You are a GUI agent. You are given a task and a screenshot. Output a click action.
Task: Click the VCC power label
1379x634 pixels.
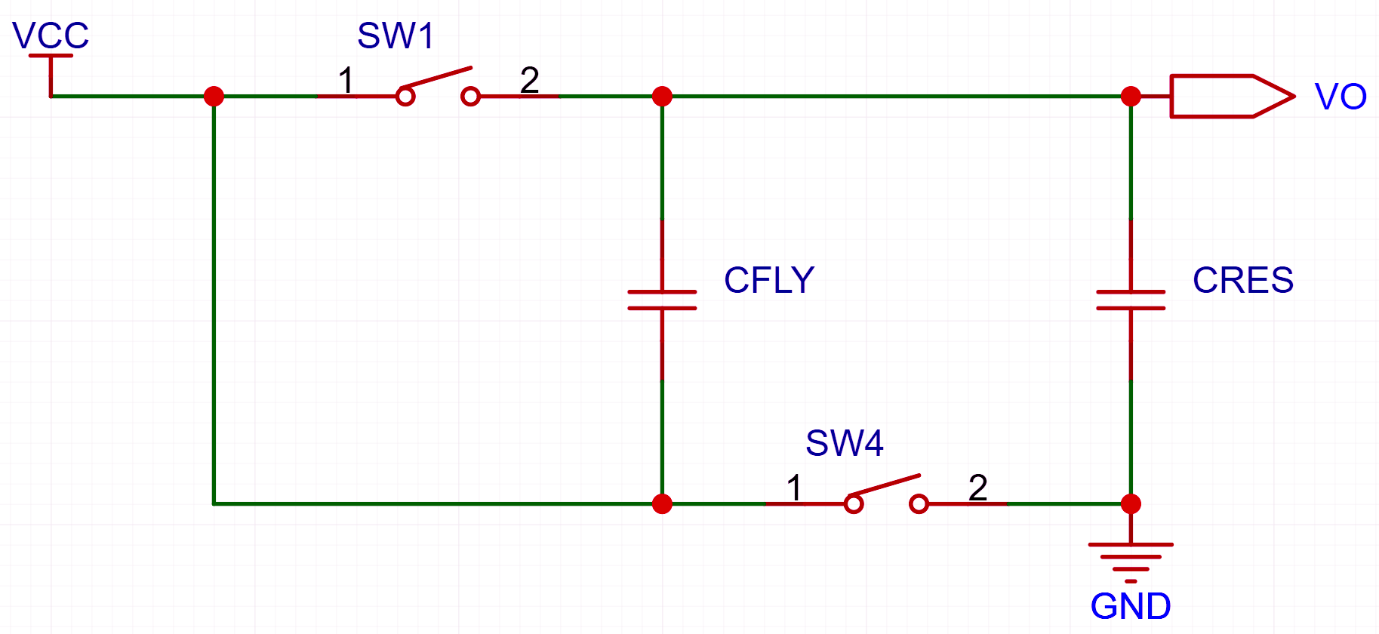click(51, 35)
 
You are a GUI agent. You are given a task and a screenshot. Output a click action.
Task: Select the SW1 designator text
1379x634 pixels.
click(396, 35)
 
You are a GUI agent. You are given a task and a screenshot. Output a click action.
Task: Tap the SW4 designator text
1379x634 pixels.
click(844, 443)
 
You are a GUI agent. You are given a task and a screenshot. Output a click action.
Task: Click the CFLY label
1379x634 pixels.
click(769, 280)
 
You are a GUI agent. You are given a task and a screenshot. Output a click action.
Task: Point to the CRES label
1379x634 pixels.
click(1242, 280)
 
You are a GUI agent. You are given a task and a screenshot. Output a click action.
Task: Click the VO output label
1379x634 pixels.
click(1341, 97)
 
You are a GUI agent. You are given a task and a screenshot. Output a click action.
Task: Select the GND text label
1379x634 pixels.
click(1131, 606)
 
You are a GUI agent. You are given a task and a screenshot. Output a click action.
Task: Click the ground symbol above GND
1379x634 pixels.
click(1131, 562)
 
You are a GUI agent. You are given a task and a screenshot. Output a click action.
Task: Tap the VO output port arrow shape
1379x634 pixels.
click(1232, 97)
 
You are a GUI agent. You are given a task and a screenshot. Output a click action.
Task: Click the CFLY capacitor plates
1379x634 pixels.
click(662, 300)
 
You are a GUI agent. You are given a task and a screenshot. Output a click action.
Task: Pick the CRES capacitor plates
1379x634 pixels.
click(1131, 300)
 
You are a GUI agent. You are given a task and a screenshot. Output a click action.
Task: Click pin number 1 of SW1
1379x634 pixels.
click(346, 80)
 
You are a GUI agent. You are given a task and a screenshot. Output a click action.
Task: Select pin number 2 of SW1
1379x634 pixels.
click(530, 80)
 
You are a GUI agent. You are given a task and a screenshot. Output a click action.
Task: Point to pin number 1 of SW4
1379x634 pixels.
click(794, 488)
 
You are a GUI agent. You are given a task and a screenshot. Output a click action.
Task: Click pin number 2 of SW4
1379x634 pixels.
click(978, 488)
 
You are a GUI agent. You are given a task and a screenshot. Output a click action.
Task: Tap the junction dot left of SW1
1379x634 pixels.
click(214, 97)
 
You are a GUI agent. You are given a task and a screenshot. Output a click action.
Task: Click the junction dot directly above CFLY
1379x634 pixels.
click(662, 97)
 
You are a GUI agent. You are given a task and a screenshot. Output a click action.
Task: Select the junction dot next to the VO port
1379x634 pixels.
click(1131, 97)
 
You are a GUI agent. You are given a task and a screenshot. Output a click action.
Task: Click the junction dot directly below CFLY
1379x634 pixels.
click(662, 503)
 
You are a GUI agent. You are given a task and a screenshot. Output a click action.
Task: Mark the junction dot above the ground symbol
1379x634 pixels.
click(1131, 503)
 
